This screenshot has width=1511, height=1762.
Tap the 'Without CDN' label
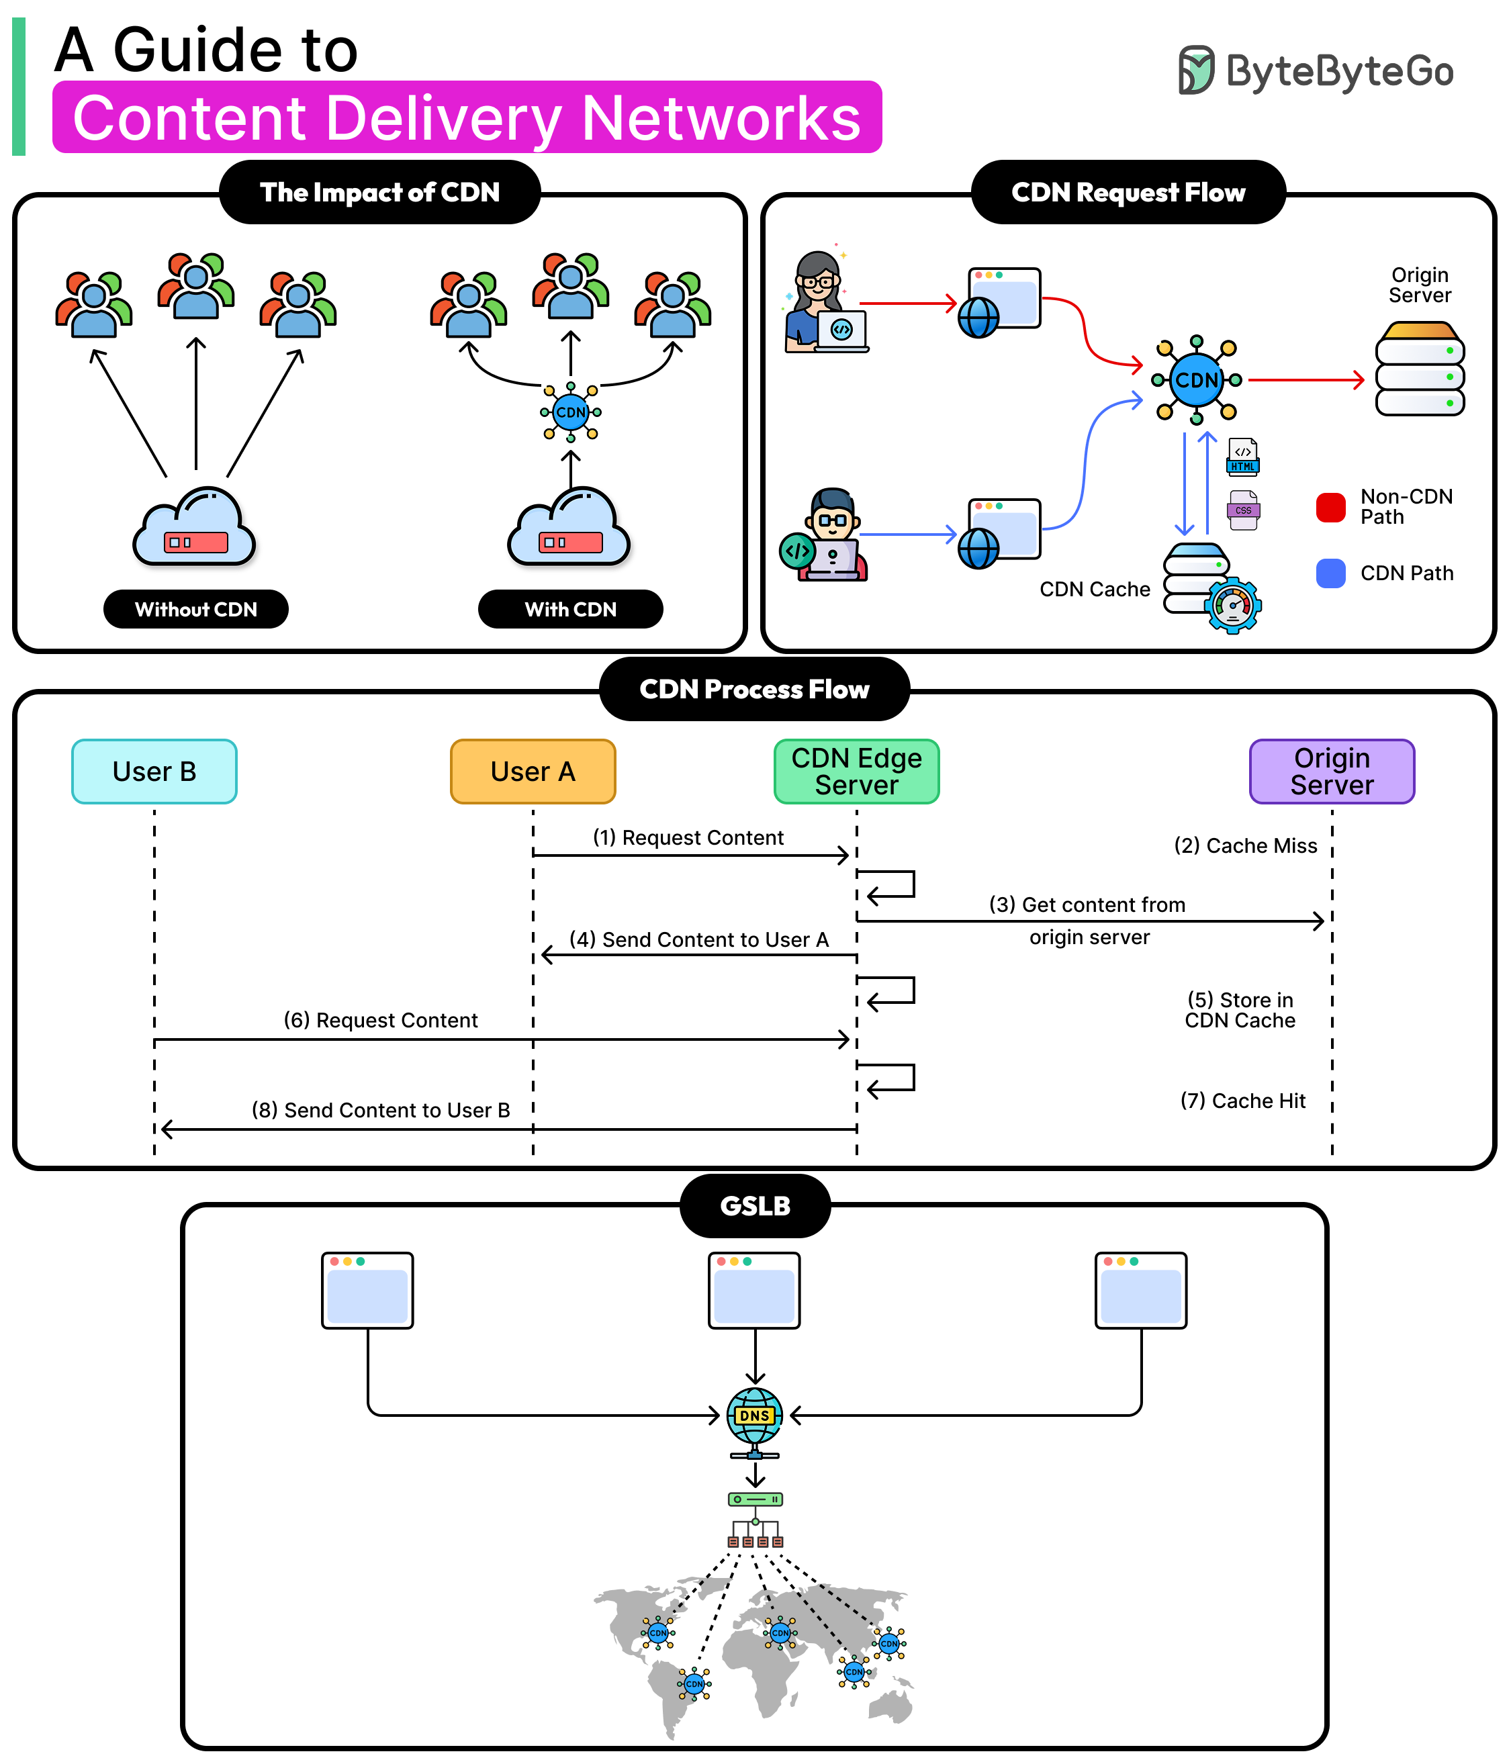[x=195, y=609]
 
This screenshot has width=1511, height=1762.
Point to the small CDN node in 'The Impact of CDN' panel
[x=571, y=412]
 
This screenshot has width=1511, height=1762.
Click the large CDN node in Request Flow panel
[x=1197, y=380]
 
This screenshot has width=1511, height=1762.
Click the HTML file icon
[x=1243, y=457]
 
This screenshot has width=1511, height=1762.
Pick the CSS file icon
[x=1243, y=510]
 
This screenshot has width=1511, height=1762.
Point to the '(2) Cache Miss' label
[x=1245, y=845]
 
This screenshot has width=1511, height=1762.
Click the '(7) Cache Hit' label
[x=1242, y=1101]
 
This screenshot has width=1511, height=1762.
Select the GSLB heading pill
[x=755, y=1206]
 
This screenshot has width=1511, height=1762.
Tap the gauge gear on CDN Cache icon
[x=1233, y=606]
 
